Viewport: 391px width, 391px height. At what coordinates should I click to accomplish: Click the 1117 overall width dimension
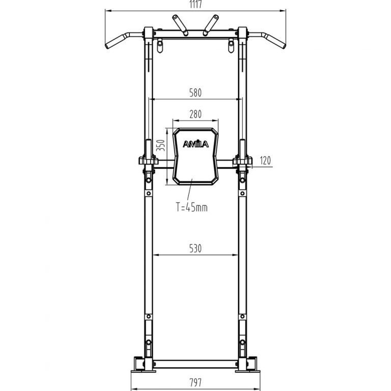195,4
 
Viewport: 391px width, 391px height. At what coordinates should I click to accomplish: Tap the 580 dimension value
195,93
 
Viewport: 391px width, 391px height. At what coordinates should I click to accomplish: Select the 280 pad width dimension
195,114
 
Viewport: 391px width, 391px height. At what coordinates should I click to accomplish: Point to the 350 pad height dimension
161,145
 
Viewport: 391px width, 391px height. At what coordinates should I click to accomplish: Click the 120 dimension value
265,160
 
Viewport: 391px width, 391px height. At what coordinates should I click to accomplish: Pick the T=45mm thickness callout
191,207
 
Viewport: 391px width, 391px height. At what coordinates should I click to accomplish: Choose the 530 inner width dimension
195,248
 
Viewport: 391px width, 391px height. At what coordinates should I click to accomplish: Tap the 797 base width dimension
195,382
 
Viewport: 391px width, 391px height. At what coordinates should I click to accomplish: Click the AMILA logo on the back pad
195,144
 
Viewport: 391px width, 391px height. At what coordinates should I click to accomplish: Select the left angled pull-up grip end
115,42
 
